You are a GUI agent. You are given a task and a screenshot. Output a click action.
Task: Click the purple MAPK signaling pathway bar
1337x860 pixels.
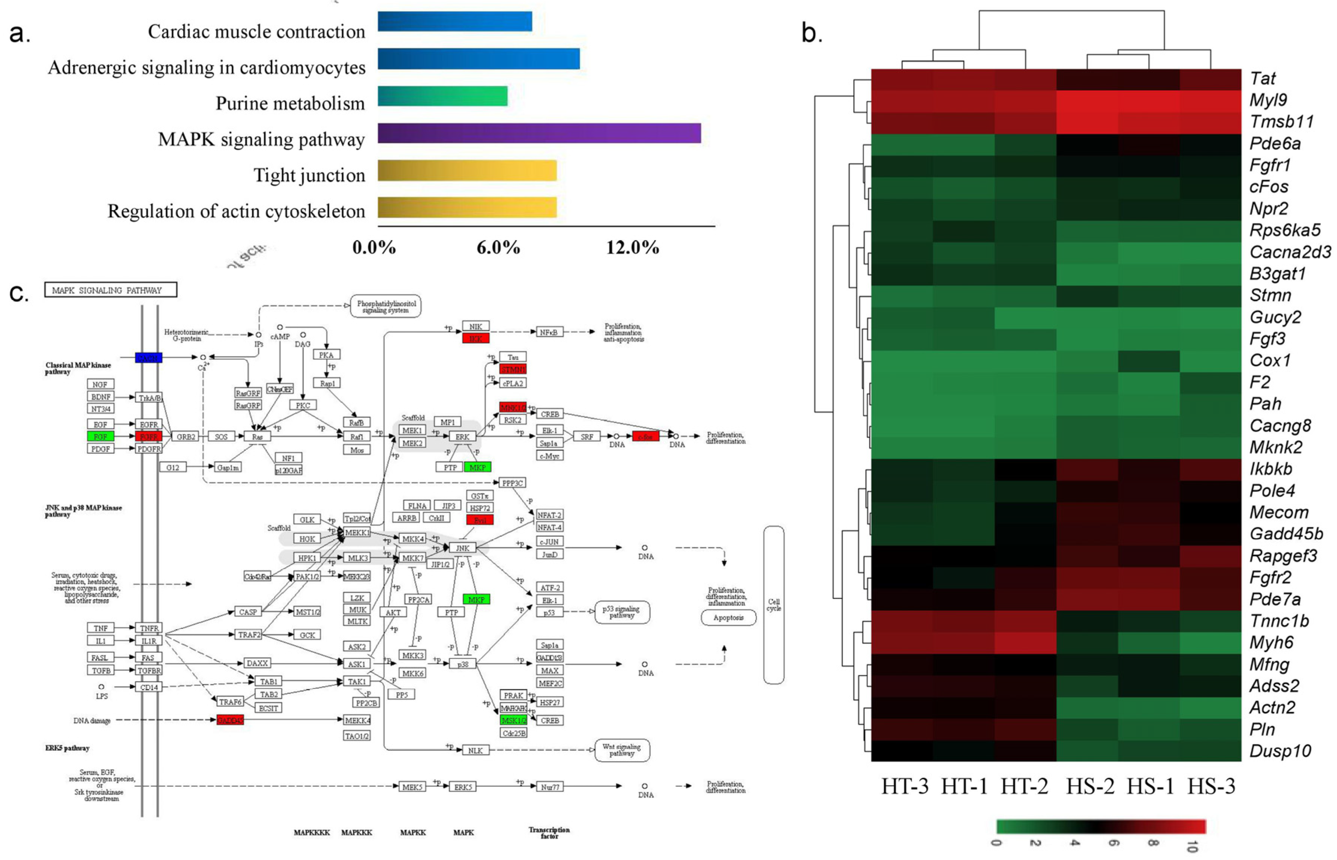pos(539,134)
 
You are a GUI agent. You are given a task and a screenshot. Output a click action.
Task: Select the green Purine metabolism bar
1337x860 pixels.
pos(442,96)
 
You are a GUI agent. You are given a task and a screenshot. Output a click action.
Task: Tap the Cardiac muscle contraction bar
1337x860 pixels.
pos(454,22)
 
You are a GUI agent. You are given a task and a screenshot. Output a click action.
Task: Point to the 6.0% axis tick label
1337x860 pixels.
pos(498,247)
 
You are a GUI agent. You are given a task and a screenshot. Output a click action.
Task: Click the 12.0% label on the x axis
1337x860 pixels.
pos(633,247)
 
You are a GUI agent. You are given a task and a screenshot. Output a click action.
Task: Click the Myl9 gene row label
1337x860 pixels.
pos(1268,100)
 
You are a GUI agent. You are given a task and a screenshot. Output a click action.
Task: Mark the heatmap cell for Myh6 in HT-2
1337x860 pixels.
pos(1025,643)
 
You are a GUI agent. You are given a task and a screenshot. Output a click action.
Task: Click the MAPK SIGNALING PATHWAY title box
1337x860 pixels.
pos(111,290)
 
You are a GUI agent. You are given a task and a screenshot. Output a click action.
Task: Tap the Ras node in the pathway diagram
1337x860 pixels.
pos(257,437)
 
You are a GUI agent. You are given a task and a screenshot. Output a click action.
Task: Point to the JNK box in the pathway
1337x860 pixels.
pos(462,548)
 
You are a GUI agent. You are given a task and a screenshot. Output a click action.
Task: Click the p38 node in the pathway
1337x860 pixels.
pos(463,664)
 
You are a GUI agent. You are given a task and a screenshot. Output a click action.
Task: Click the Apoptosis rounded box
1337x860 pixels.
pos(728,618)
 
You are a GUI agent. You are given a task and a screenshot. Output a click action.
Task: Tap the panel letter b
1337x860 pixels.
pos(811,34)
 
